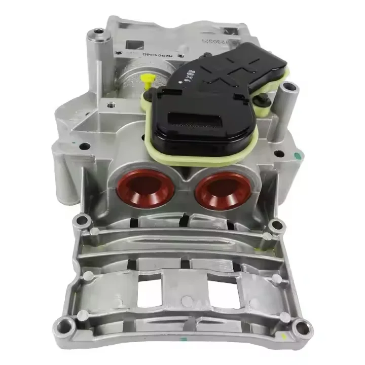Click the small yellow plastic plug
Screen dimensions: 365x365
[x=148, y=81]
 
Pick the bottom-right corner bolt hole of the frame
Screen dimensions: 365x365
[x=302, y=327]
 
